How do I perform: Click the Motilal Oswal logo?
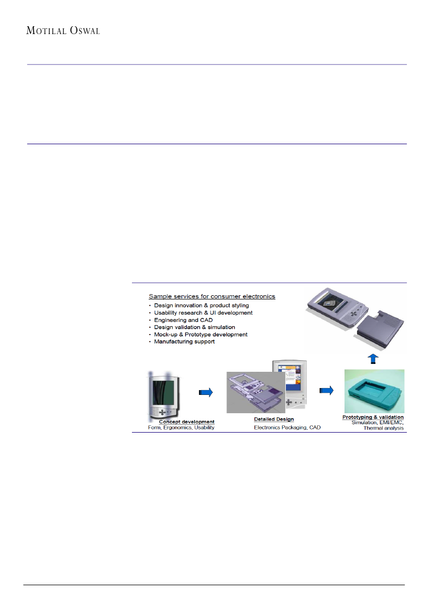click(63, 30)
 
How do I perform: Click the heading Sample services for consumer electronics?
click(212, 296)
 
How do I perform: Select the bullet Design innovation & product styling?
click(202, 305)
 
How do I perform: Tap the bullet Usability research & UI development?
click(203, 313)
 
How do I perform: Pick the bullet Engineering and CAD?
click(183, 320)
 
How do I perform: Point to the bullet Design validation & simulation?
click(194, 327)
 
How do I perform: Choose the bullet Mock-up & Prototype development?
click(201, 334)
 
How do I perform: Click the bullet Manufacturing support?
click(184, 342)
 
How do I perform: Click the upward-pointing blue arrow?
click(373, 359)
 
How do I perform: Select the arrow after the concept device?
click(206, 392)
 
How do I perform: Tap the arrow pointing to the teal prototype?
click(326, 390)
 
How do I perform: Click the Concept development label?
click(186, 422)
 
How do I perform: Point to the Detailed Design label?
click(274, 419)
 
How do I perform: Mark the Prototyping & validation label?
click(373, 417)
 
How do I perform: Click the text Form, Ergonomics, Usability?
click(181, 428)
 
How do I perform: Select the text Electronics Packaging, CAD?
click(287, 428)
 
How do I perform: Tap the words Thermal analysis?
click(383, 428)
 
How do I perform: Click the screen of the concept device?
click(163, 393)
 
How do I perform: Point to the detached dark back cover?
click(381, 328)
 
